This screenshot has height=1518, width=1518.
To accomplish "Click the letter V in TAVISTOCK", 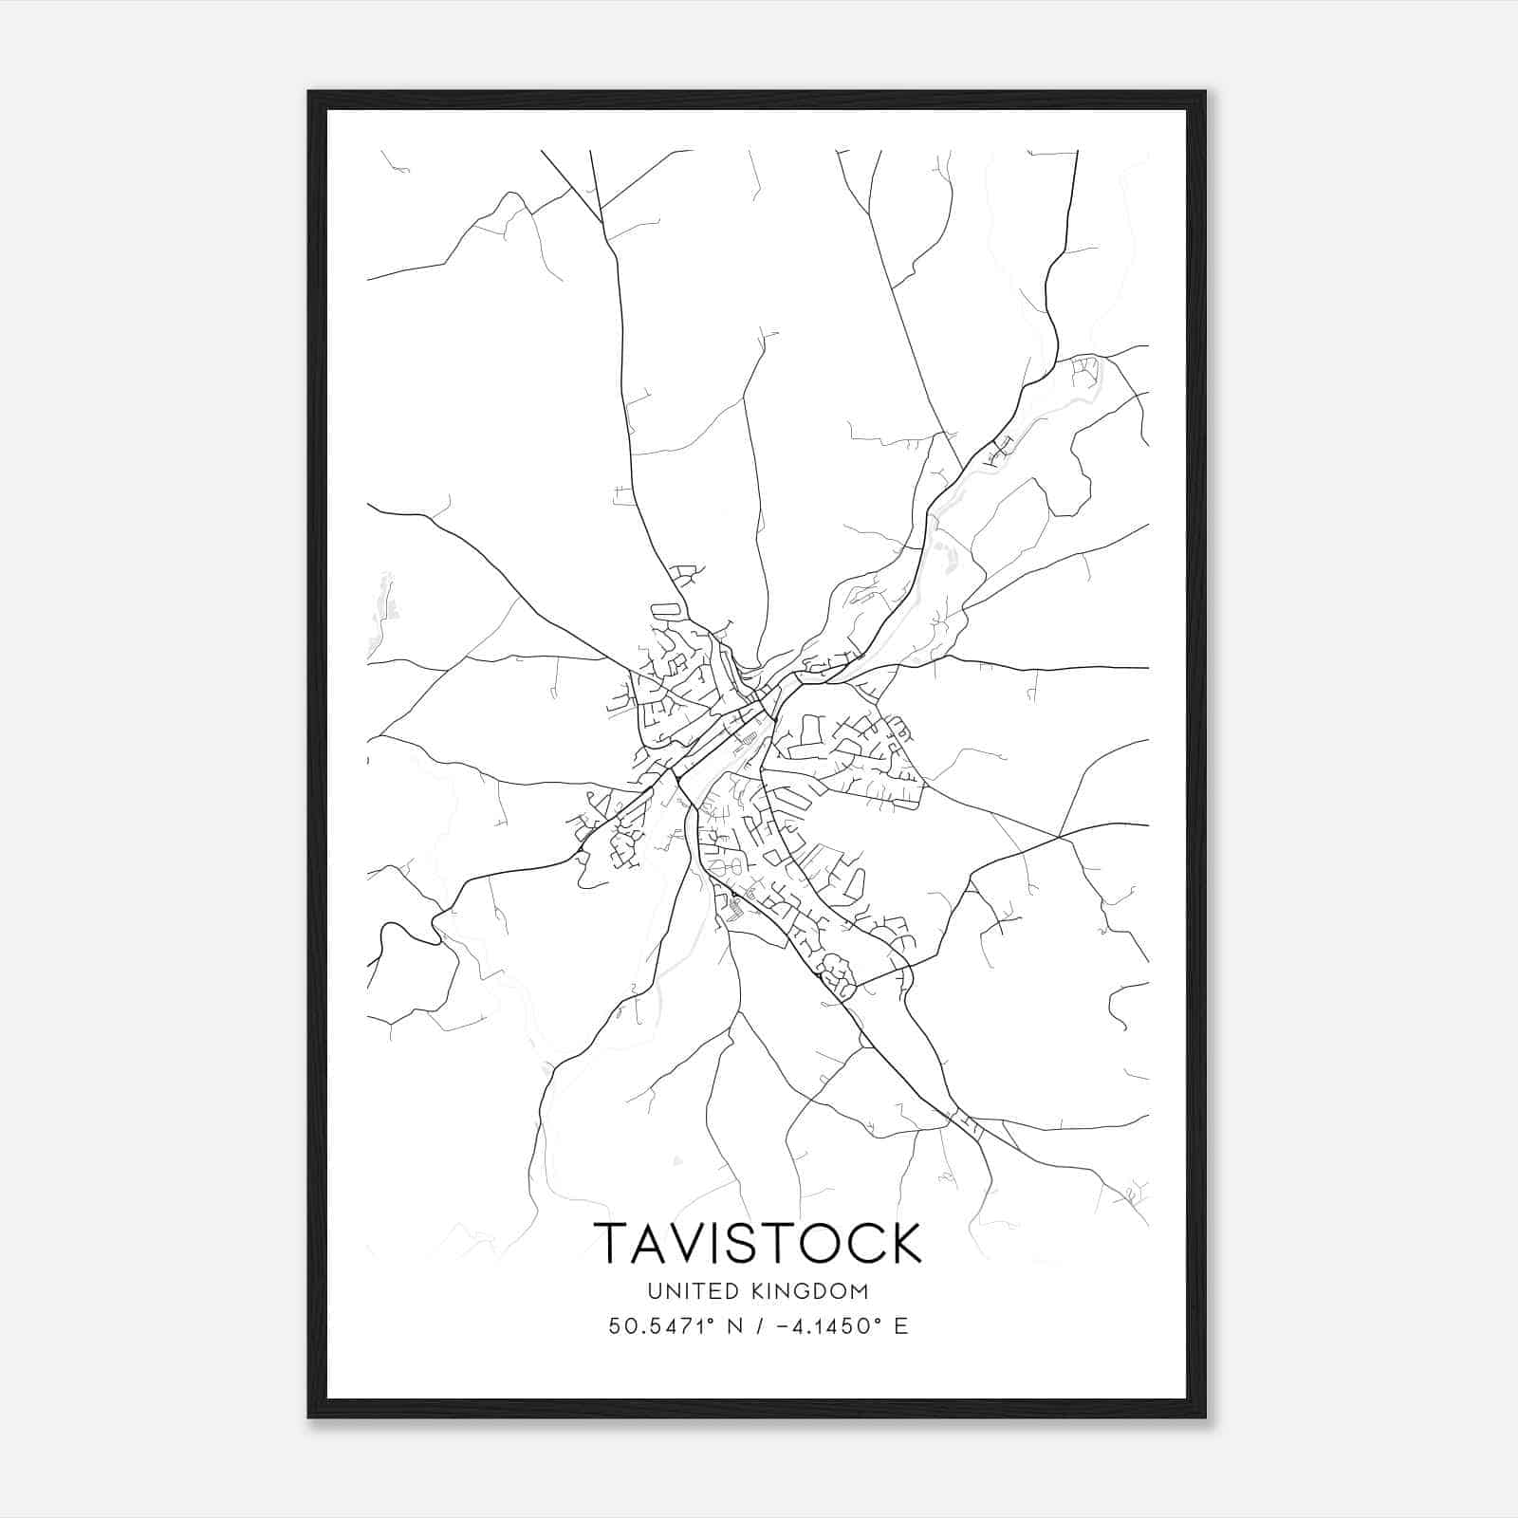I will pos(684,1243).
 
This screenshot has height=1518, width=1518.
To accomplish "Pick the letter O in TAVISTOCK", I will pos(819,1243).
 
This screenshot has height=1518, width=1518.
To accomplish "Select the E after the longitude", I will pos(900,1326).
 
